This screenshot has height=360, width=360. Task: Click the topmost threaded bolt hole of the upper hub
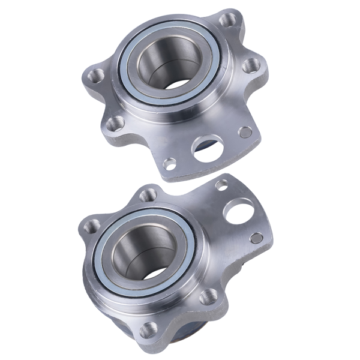[229, 20]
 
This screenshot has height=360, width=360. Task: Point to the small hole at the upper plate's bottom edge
[170, 163]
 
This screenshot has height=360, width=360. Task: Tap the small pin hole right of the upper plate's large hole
[245, 131]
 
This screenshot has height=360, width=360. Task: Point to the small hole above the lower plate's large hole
[223, 185]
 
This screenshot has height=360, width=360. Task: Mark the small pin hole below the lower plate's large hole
[256, 238]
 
